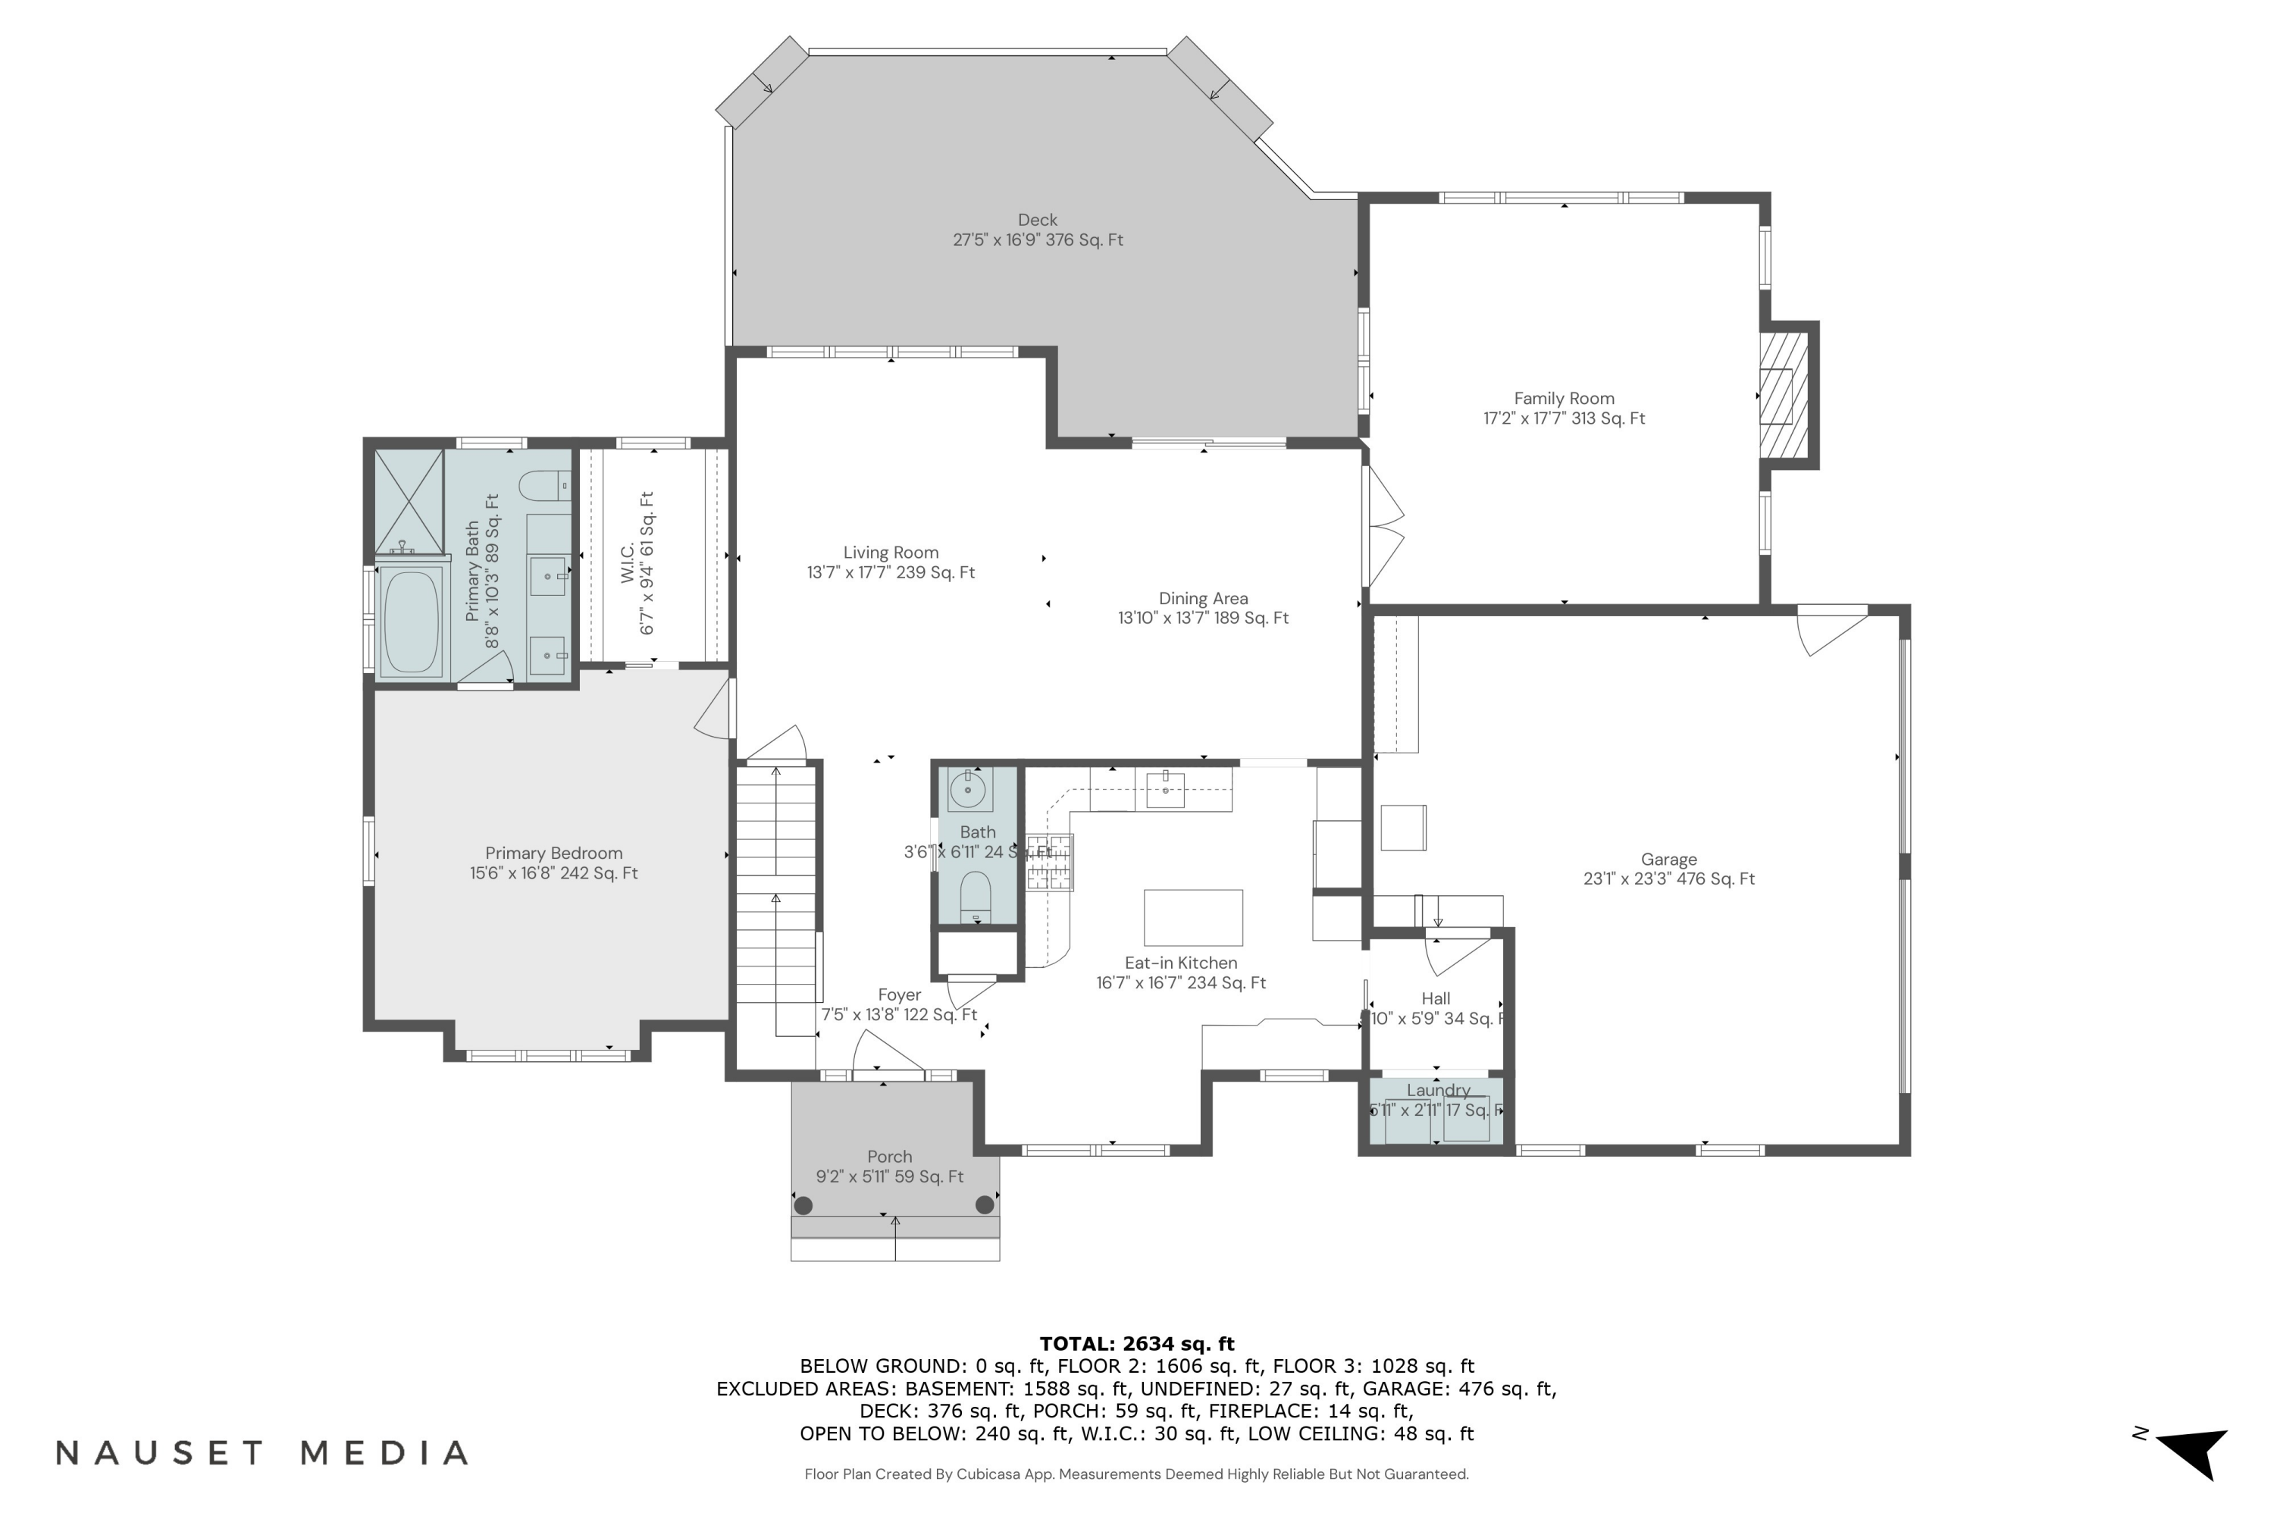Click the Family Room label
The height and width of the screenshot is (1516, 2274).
tap(1563, 399)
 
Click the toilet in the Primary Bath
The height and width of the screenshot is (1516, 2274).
tap(544, 485)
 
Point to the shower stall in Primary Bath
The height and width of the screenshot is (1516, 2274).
tap(409, 502)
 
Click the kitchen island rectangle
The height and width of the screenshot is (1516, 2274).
tap(1193, 917)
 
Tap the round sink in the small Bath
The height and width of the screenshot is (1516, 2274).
tap(968, 791)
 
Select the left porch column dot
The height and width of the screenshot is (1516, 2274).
tap(803, 1204)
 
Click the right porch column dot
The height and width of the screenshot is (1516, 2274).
tap(984, 1204)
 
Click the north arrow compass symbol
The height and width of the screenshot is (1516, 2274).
tap(2194, 1453)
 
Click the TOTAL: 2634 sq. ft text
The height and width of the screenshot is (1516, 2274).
tap(1136, 1343)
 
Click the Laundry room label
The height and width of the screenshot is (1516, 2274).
tap(1438, 1091)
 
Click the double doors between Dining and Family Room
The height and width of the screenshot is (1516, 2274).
tap(1383, 527)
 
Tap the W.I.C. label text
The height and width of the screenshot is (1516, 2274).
tap(628, 562)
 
